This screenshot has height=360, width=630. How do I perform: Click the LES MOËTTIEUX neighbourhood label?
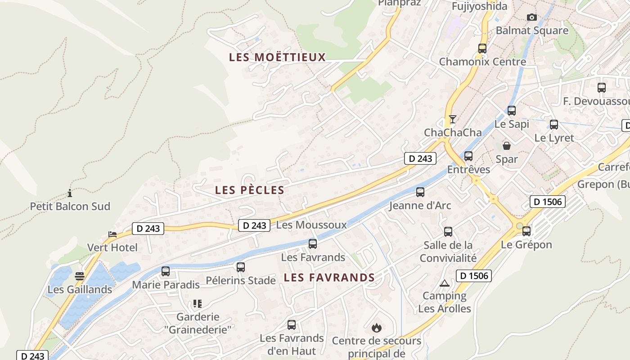277,57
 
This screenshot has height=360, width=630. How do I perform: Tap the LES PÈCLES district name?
250,190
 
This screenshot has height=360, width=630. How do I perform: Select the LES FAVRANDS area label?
329,278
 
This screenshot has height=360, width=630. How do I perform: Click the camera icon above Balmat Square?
532,17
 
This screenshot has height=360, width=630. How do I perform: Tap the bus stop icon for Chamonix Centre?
482,48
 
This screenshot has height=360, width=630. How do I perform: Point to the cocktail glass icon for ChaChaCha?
453,119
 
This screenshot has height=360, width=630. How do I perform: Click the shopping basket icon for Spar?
507,146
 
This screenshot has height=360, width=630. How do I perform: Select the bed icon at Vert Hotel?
112,234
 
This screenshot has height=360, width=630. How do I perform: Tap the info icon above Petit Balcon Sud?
70,193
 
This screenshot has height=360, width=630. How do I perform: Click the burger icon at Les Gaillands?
80,276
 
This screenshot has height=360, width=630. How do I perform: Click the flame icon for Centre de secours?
377,327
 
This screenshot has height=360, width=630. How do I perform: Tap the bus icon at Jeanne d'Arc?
420,192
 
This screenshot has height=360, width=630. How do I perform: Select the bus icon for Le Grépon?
526,231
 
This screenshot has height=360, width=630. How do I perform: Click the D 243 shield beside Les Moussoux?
254,225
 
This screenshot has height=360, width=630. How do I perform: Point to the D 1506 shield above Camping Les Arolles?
473,275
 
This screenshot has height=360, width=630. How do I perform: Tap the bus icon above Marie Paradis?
166,271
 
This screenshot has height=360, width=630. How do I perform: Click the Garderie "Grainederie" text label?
198,323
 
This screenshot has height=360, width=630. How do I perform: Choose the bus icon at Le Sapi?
512,111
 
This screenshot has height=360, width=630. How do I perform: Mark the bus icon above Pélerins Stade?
241,267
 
